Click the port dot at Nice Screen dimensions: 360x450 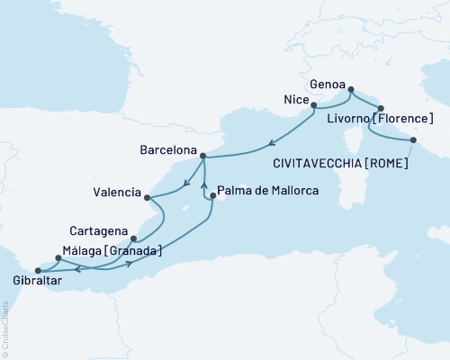click(313, 105)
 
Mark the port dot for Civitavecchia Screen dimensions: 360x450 click(413, 139)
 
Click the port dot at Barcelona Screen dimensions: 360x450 click(203, 156)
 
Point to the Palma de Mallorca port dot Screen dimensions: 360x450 click(212, 195)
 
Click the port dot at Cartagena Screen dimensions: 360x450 click(133, 238)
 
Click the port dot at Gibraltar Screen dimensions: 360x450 click(37, 269)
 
